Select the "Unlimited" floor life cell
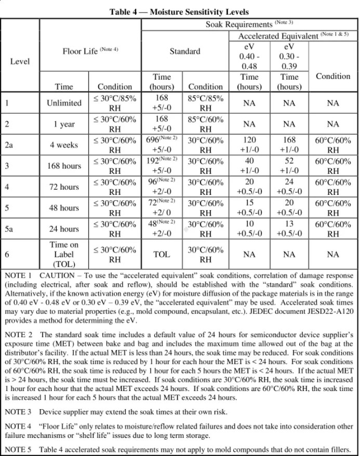[x=64, y=103]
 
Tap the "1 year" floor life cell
[x=64, y=124]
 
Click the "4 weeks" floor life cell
[x=64, y=145]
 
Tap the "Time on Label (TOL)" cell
[x=64, y=254]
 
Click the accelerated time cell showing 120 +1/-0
[x=249, y=145]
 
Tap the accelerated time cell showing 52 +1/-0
[x=289, y=166]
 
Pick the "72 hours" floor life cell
[x=64, y=187]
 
